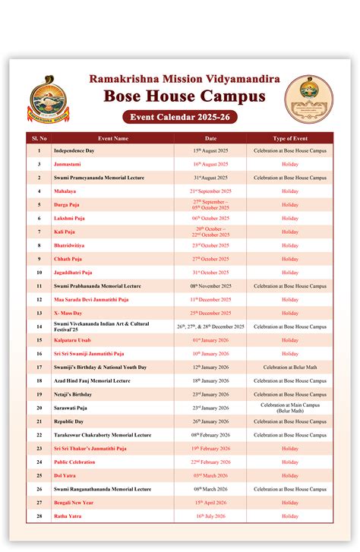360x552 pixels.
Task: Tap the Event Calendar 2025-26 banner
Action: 179,117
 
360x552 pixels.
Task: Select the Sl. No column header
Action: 39,138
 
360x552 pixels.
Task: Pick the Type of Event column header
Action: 290,138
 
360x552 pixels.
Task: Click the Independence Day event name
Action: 74,151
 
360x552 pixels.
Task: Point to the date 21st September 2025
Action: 210,191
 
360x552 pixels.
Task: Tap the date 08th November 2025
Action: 210,286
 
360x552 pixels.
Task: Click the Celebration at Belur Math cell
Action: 290,367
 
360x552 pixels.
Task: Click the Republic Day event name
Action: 69,421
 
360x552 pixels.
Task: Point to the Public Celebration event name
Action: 74,462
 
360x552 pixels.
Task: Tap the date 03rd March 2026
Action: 210,475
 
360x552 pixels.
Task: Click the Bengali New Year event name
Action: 74,502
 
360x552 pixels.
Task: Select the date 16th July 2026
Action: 210,516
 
